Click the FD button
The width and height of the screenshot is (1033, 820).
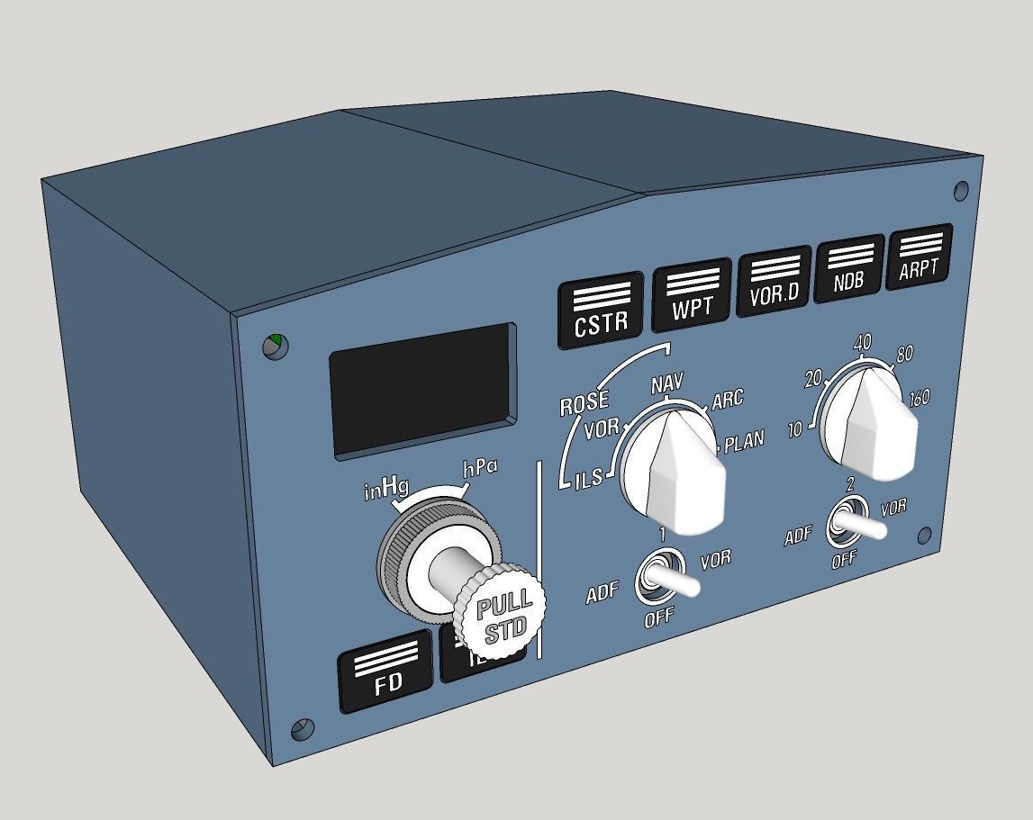coord(387,673)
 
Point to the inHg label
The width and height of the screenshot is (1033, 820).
coord(386,489)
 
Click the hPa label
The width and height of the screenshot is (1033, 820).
coord(480,468)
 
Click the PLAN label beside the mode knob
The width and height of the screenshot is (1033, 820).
coord(743,441)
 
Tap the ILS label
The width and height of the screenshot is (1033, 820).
coord(589,482)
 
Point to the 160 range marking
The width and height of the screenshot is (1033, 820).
coord(919,397)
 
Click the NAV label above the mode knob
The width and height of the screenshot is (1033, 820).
coord(667,385)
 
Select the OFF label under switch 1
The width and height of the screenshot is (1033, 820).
coord(658,619)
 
